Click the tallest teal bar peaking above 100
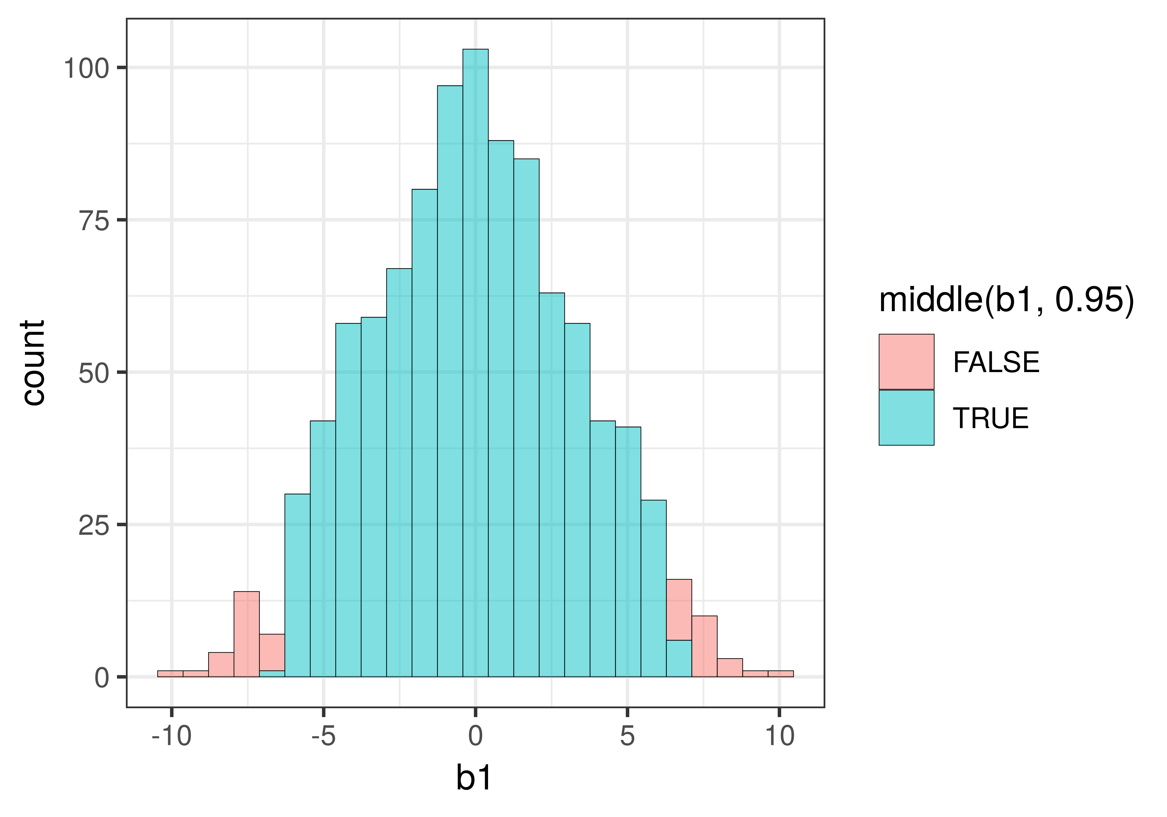point(475,356)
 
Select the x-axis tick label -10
point(172,736)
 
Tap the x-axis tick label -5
point(324,736)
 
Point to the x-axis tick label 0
point(475,736)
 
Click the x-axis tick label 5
point(627,736)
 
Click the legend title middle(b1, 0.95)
point(1006,300)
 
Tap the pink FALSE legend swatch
point(906,362)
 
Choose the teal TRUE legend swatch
point(906,417)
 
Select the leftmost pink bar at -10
point(170,674)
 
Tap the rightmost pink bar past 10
point(780,674)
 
